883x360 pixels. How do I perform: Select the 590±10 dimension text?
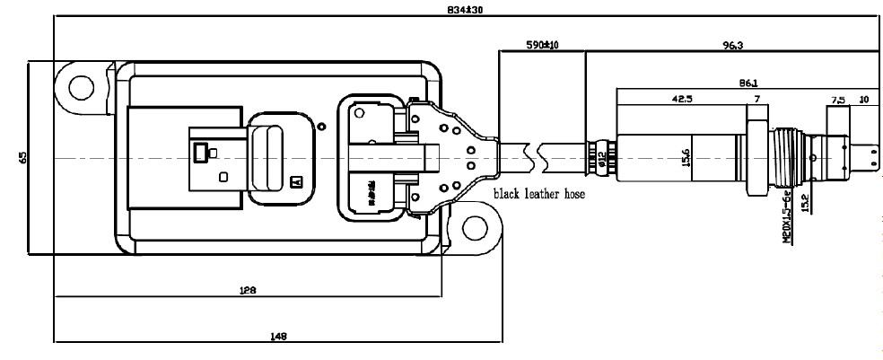click(542, 44)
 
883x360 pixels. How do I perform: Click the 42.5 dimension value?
click(682, 99)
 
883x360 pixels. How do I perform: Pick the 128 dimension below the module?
click(249, 289)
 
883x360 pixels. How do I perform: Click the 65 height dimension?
click(22, 158)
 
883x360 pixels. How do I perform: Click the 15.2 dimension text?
click(805, 205)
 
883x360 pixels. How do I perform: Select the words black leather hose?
click(536, 194)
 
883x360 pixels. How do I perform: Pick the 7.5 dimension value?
click(838, 99)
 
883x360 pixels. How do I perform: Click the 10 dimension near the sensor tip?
click(864, 99)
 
